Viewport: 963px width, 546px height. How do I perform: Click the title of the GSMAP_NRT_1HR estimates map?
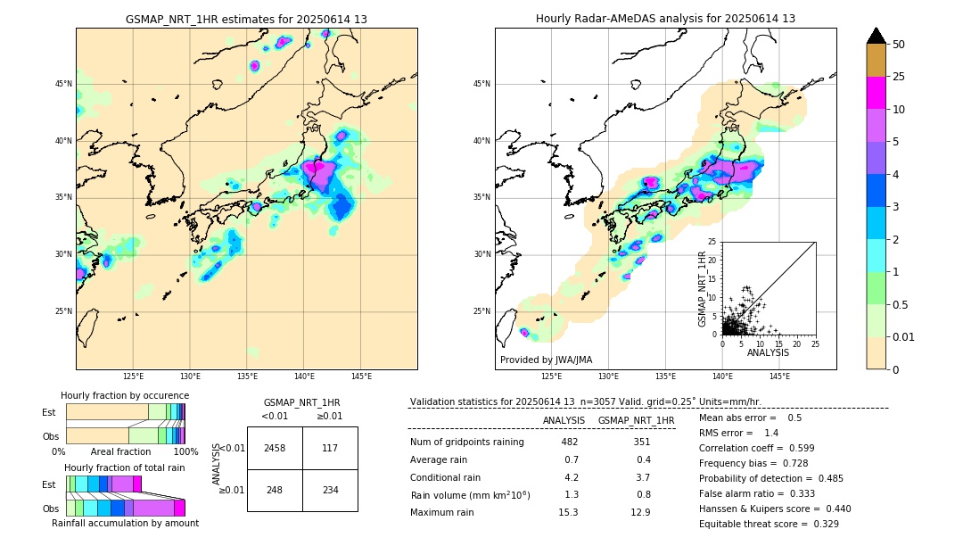(x=246, y=19)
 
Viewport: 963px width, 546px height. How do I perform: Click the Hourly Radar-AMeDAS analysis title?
(x=665, y=19)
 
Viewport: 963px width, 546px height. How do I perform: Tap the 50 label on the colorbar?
(x=899, y=45)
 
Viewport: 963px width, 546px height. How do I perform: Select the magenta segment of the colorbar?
(x=877, y=93)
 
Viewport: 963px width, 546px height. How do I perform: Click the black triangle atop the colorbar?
(x=877, y=36)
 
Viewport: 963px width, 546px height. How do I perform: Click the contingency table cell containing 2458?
(x=275, y=448)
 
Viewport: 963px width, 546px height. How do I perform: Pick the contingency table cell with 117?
(x=330, y=448)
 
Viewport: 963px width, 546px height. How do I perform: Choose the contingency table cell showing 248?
(x=275, y=490)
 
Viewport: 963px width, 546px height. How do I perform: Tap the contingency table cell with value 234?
(x=330, y=490)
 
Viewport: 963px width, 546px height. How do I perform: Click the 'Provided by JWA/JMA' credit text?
(x=546, y=360)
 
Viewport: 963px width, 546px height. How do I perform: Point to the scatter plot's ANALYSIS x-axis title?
(x=768, y=353)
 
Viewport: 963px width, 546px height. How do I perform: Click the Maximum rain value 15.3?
(x=568, y=512)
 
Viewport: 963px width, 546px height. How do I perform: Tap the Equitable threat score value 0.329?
(x=822, y=524)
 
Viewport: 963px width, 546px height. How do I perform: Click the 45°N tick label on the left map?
(x=62, y=84)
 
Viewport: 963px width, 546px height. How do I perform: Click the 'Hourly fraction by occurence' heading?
(x=125, y=395)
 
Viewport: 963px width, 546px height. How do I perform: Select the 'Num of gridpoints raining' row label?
(x=467, y=443)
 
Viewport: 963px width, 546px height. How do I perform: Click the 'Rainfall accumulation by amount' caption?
(x=125, y=524)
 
